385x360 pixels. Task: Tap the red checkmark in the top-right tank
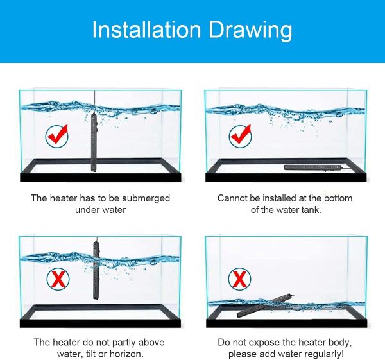click(240, 136)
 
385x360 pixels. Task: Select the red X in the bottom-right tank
click(239, 279)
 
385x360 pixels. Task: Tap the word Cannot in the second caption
click(232, 198)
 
